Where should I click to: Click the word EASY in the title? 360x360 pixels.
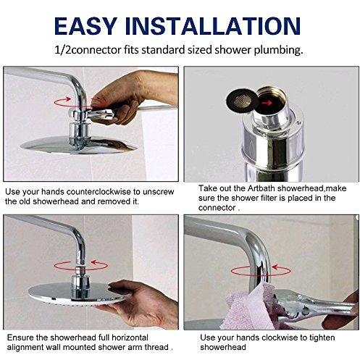pyautogui.click(x=85, y=26)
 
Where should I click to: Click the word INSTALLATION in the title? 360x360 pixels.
pyautogui.click(x=213, y=26)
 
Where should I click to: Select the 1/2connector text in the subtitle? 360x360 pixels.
pyautogui.click(x=88, y=50)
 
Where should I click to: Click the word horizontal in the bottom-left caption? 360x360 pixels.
pyautogui.click(x=130, y=338)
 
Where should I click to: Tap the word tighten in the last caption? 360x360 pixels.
pyautogui.click(x=322, y=338)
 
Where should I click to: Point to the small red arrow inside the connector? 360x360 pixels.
pyautogui.click(x=267, y=103)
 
